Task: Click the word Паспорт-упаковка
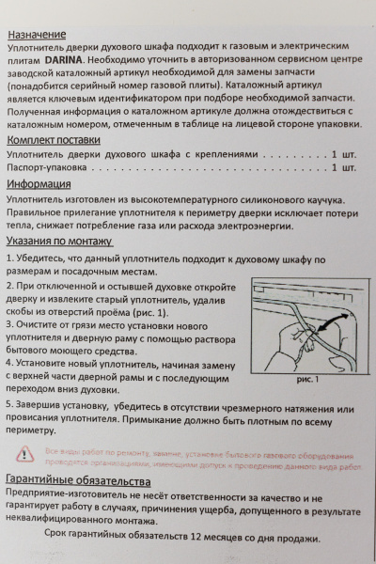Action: click(46, 168)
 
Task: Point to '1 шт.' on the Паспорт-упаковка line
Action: click(342, 168)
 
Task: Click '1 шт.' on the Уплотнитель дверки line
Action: click(342, 153)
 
